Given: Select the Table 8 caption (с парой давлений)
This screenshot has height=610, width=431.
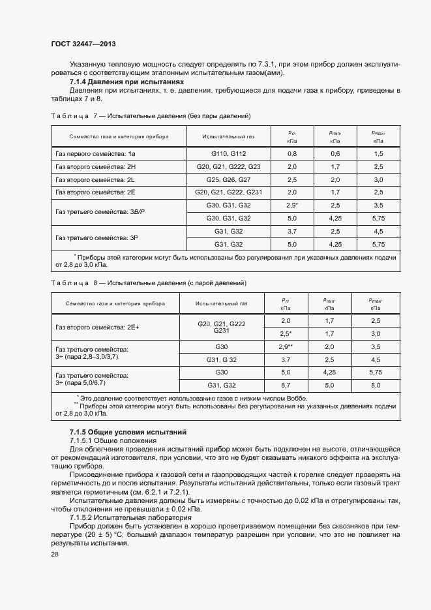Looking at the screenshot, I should pos(148,282).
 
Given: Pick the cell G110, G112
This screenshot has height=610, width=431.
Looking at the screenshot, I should pos(228,153).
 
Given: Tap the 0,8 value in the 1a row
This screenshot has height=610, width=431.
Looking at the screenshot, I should pos(291,153).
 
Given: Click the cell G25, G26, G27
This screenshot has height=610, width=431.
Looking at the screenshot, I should pos(228,179).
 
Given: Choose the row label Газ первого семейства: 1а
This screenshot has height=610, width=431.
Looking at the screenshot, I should pos(95,153).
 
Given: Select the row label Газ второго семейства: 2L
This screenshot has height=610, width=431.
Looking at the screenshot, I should pos(95,179).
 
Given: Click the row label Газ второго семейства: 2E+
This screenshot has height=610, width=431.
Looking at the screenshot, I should pos(97,327).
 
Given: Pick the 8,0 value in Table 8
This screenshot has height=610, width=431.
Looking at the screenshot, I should pos(375,386).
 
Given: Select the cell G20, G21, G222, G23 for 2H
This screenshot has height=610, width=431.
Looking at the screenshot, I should pos(228,166).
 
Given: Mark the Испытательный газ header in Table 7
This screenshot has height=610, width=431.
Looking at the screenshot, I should pos(228,137).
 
